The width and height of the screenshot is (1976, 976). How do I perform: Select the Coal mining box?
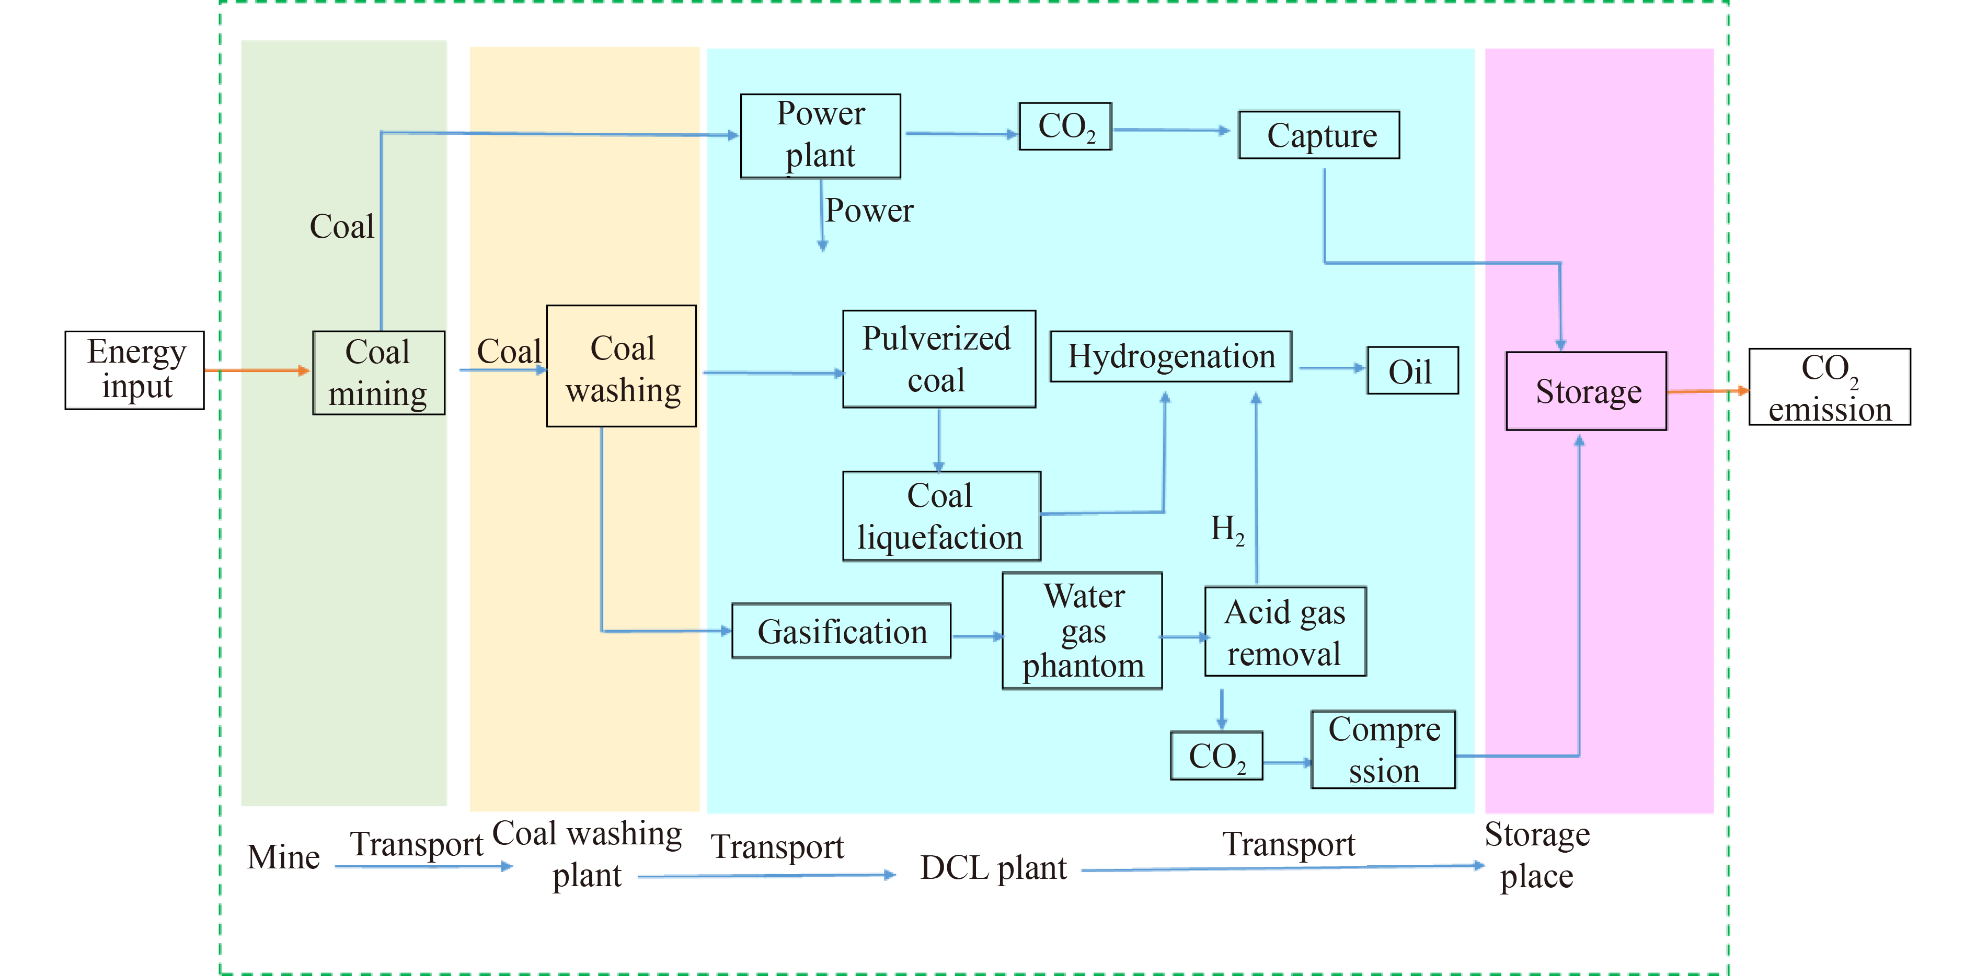(x=378, y=373)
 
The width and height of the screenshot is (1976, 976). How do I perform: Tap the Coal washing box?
(x=622, y=366)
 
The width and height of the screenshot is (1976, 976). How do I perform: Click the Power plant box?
(x=820, y=136)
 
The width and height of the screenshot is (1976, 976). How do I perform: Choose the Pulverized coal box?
(x=938, y=359)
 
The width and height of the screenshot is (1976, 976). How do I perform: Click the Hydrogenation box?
(x=1170, y=356)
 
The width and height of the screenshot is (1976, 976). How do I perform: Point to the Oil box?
(x=1412, y=371)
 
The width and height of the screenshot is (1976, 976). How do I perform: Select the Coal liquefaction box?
(x=941, y=516)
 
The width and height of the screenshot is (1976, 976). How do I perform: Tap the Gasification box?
(x=842, y=631)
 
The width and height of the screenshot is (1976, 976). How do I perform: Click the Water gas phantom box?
(x=1082, y=630)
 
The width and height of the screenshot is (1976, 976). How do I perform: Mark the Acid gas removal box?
(x=1285, y=632)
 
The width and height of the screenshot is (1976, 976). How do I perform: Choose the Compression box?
(x=1383, y=750)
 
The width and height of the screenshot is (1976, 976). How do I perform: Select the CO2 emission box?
(x=1830, y=387)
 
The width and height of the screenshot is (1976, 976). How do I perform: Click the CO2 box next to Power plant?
(x=1065, y=126)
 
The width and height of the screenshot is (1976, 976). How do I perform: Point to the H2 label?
(x=1226, y=529)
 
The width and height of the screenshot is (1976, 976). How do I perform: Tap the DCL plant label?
(x=993, y=868)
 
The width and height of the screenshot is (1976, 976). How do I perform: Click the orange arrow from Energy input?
(x=257, y=371)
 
